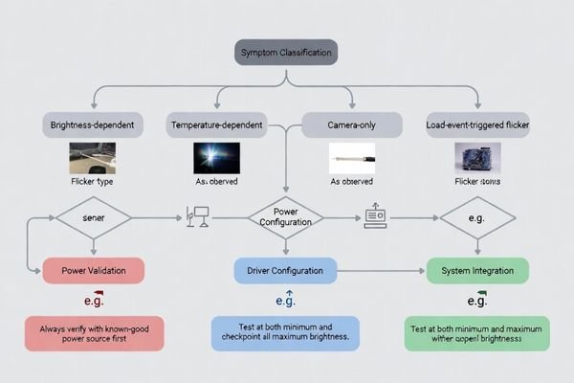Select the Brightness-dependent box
click(x=93, y=125)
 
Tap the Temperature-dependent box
click(x=217, y=125)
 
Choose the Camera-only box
click(x=350, y=125)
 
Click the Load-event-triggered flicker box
click(x=477, y=125)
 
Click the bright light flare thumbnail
click(x=217, y=158)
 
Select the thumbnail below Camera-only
click(x=351, y=158)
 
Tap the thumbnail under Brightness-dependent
click(x=93, y=158)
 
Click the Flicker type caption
click(x=93, y=181)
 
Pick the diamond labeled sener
click(x=93, y=218)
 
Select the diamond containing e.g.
click(x=477, y=218)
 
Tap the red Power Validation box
click(x=93, y=271)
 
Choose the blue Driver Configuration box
click(x=286, y=271)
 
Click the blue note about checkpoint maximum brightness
click(x=286, y=332)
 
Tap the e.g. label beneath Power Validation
click(x=93, y=301)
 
